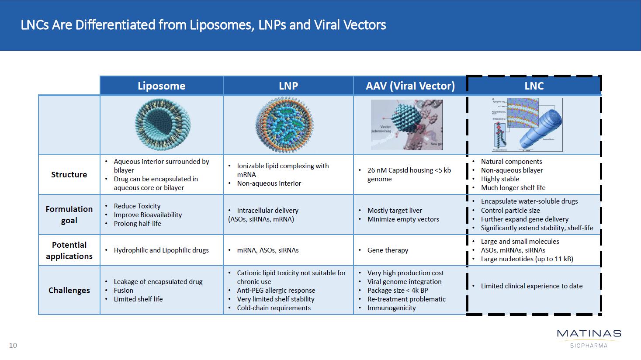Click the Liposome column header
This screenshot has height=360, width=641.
pyautogui.click(x=161, y=86)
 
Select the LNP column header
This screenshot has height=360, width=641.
pyautogui.click(x=288, y=86)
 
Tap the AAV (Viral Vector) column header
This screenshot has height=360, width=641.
pyautogui.click(x=410, y=86)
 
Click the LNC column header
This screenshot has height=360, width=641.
pyautogui.click(x=534, y=86)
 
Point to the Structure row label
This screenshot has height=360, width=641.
pyautogui.click(x=69, y=175)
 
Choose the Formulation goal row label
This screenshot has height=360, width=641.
pyautogui.click(x=69, y=215)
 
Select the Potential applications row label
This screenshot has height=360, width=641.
pyautogui.click(x=69, y=250)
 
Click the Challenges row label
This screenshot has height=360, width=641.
pyautogui.click(x=69, y=291)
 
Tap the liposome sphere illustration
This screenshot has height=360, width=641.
pyautogui.click(x=163, y=125)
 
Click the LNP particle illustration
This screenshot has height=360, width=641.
pyautogui.click(x=284, y=125)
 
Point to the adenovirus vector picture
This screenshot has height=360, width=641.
pyautogui.click(x=407, y=125)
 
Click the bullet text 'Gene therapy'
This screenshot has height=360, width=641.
pyautogui.click(x=388, y=250)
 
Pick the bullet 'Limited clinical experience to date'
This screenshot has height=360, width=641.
pyautogui.click(x=531, y=286)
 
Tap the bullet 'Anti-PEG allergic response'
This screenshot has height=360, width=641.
pyautogui.click(x=276, y=291)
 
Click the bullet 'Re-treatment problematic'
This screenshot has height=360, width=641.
pyautogui.click(x=406, y=299)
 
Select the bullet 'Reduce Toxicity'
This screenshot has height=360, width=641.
pyautogui.click(x=137, y=206)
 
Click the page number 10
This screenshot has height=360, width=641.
pyautogui.click(x=13, y=346)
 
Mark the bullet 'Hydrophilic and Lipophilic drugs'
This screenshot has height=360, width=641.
pyautogui.click(x=161, y=250)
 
